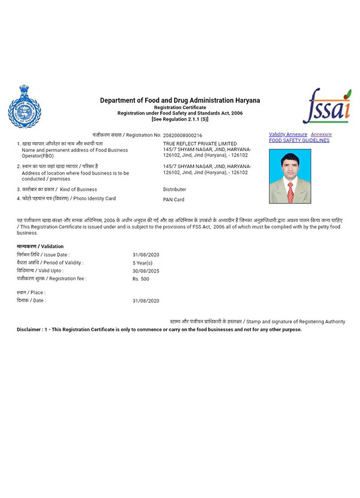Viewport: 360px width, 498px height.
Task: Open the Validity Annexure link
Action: pyautogui.click(x=288, y=134)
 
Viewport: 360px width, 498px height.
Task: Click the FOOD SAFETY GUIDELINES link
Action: pyautogui.click(x=299, y=140)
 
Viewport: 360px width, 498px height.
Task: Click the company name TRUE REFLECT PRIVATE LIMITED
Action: pyautogui.click(x=200, y=144)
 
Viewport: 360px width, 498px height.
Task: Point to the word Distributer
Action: pyautogui.click(x=175, y=189)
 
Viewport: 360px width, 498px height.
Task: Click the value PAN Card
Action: pyautogui.click(x=173, y=199)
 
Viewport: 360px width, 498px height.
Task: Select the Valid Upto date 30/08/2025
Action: pyautogui.click(x=146, y=271)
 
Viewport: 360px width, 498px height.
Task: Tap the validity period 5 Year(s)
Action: pyautogui.click(x=142, y=263)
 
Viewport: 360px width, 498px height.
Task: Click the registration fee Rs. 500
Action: pyautogui.click(x=142, y=279)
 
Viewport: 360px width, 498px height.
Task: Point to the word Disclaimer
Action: pyautogui.click(x=29, y=329)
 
